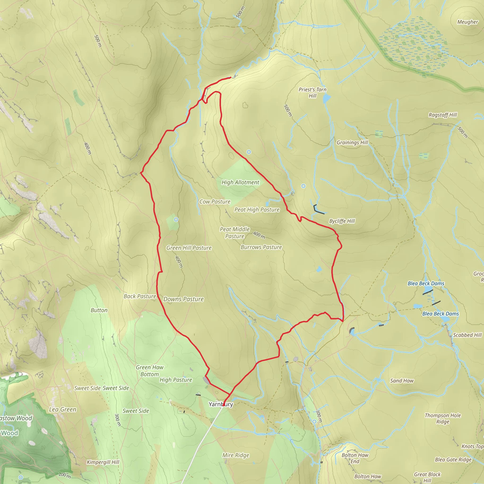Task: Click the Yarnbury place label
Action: [221, 404]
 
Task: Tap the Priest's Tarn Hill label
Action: [312, 93]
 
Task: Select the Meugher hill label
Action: [467, 22]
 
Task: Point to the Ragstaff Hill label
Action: [443, 115]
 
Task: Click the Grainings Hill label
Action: [352, 143]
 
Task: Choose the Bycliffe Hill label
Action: [342, 221]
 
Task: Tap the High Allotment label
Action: [240, 182]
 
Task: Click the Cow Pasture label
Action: [215, 202]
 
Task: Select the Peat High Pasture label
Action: [257, 210]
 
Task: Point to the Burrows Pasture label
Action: [261, 247]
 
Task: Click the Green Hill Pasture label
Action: [189, 248]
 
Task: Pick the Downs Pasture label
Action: [183, 299]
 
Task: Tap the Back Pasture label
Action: [140, 296]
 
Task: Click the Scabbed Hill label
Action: [467, 335]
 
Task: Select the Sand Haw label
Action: [402, 381]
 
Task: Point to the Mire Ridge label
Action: [236, 455]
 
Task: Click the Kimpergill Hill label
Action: [103, 462]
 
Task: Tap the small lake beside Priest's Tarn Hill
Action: [327, 99]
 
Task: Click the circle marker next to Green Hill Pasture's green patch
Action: [176, 220]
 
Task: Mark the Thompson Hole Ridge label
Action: [443, 418]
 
